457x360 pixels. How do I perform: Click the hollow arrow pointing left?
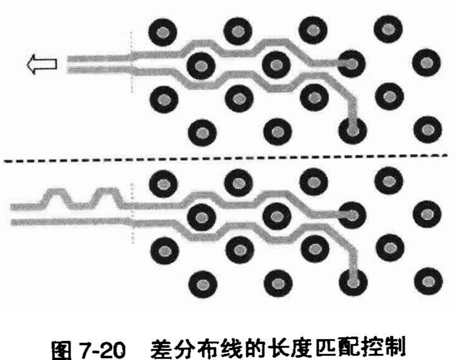[41, 65]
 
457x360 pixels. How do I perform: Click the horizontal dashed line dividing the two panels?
[225, 159]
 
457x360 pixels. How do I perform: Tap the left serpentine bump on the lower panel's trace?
[59, 196]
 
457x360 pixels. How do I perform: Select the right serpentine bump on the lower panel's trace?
[106, 196]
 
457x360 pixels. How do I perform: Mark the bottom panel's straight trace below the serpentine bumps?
[65, 221]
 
